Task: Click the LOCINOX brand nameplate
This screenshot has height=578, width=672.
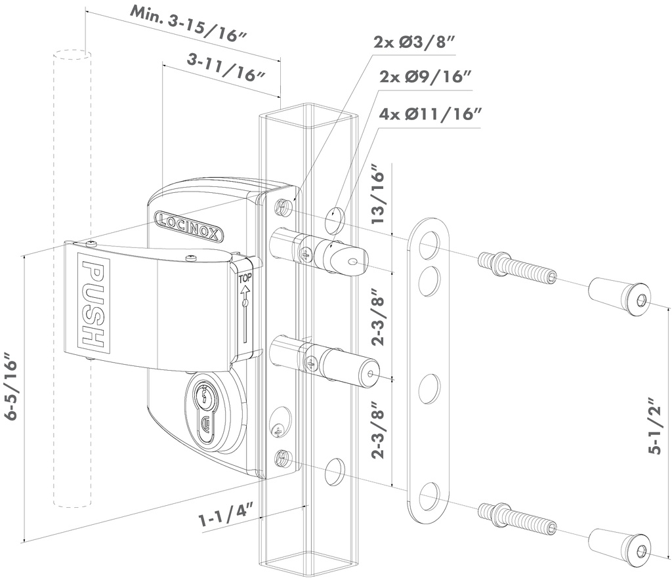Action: tap(188, 226)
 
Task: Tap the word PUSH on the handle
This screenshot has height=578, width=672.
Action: tap(93, 304)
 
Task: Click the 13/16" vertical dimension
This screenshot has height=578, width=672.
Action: tap(379, 198)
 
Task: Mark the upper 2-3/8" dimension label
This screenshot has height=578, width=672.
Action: tap(379, 318)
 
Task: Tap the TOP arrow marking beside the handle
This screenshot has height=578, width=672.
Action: tap(245, 308)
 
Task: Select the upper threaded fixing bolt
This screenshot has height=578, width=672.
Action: tap(517, 268)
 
